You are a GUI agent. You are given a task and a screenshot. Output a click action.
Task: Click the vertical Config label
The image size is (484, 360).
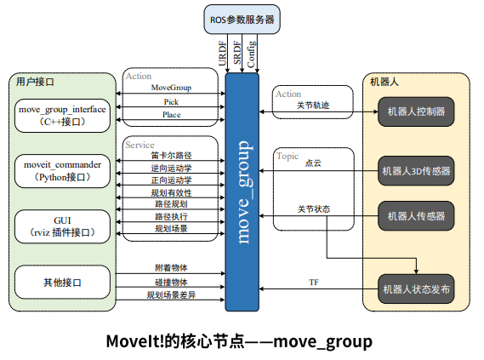click(x=251, y=54)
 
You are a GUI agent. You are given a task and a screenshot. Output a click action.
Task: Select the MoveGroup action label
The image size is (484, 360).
click(x=171, y=88)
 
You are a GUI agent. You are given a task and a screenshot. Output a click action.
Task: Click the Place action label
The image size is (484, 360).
click(x=171, y=114)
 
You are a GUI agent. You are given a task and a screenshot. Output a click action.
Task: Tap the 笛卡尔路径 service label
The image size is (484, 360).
click(x=171, y=156)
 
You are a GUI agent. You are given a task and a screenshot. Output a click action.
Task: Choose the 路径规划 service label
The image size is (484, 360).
click(x=171, y=204)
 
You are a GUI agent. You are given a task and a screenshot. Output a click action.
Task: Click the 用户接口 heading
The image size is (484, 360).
click(x=35, y=82)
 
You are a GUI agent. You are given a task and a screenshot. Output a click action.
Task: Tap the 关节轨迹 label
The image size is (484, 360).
click(x=312, y=106)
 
